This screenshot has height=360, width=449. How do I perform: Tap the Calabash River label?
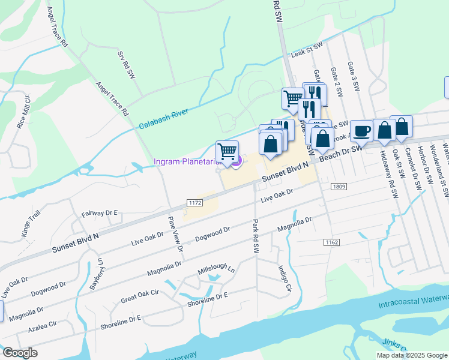pos(163,118)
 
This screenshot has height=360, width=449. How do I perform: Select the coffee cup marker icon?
pos(361,131)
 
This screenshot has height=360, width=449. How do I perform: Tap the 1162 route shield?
pos(331,242)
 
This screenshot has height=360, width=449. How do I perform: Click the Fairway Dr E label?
pos(100,213)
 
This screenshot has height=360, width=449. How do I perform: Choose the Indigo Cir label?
pos(284,280)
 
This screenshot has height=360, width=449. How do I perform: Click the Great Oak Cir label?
pos(139,296)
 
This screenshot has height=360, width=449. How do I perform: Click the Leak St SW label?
pos(307,50)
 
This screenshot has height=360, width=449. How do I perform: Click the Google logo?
pos(20,353)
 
